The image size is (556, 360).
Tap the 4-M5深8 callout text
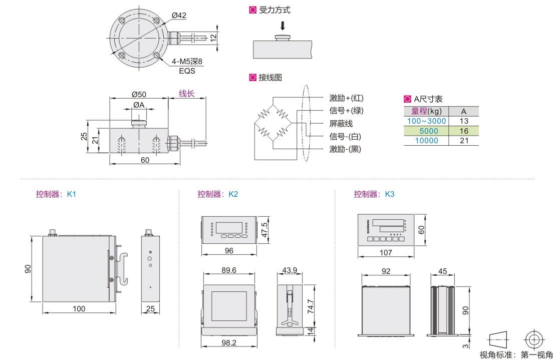click(186, 62)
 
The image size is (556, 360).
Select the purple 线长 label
click(187, 94)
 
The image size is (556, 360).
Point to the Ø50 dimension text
click(139, 94)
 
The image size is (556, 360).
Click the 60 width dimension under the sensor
click(145, 160)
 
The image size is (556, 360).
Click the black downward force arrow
click(283, 26)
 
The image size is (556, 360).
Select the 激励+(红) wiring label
click(346, 98)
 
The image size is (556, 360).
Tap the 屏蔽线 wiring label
click(341, 124)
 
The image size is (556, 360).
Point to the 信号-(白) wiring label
click(345, 137)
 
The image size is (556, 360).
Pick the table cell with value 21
click(463, 141)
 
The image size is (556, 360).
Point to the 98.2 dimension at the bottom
click(228, 342)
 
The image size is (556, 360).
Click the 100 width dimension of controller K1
click(79, 308)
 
